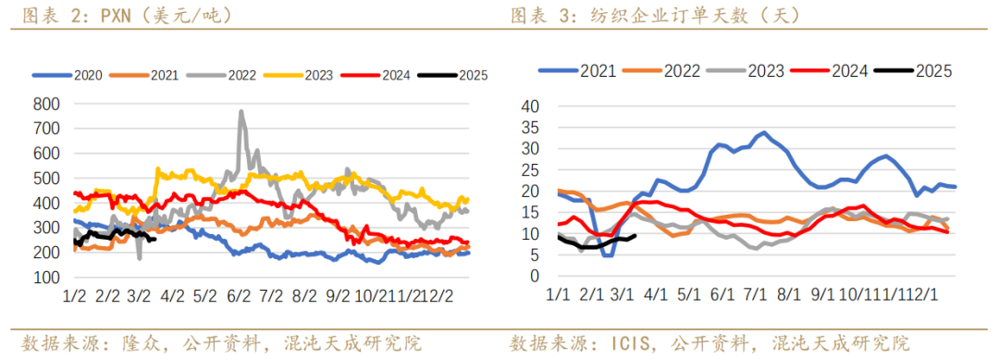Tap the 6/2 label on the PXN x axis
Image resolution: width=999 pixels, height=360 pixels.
click(x=239, y=295)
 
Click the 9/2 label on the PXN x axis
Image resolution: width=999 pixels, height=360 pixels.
click(x=336, y=295)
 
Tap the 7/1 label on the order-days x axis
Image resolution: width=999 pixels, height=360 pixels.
click(x=755, y=294)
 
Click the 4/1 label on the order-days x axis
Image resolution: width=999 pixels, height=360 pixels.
click(x=656, y=294)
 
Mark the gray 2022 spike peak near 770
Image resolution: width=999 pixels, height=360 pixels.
click(x=241, y=112)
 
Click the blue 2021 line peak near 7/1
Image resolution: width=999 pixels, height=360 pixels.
click(x=764, y=132)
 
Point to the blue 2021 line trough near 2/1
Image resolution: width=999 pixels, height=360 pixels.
click(x=607, y=254)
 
